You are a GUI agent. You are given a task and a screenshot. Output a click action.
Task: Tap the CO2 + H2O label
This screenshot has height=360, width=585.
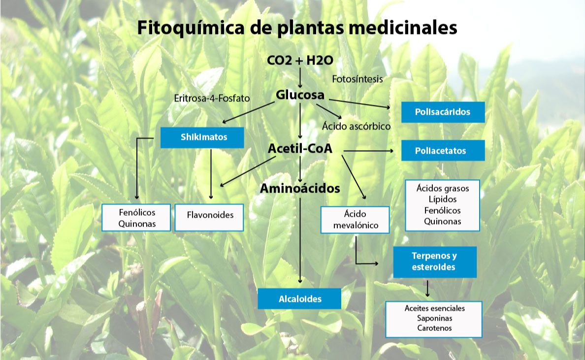click(300, 61)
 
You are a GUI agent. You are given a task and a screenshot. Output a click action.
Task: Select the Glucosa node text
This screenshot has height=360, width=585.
click(300, 95)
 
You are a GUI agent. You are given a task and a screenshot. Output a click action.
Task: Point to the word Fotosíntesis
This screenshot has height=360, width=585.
click(357, 79)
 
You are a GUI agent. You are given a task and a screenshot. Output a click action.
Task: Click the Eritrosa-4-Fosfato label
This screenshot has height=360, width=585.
click(212, 98)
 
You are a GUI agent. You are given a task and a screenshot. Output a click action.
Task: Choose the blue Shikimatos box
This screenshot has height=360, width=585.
click(202, 137)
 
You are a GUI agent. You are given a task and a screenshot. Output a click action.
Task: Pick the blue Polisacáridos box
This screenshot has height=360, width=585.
click(443, 112)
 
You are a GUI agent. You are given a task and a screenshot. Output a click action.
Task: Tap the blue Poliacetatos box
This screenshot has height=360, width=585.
click(443, 151)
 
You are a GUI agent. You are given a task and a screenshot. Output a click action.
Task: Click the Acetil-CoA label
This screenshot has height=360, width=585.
click(300, 148)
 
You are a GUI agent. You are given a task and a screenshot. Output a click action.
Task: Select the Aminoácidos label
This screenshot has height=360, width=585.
click(300, 188)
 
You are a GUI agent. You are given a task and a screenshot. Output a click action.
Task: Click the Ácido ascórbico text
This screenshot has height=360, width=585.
click(356, 127)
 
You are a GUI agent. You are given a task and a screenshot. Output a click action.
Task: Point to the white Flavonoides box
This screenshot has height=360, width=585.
click(209, 217)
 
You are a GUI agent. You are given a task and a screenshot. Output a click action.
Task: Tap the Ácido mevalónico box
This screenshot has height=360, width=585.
click(355, 220)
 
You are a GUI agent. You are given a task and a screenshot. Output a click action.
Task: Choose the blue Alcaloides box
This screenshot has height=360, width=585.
click(299, 299)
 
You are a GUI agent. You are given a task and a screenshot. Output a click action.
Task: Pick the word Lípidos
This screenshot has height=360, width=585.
click(442, 199)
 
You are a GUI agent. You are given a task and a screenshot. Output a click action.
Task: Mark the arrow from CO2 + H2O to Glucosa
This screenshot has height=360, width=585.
click(300, 77)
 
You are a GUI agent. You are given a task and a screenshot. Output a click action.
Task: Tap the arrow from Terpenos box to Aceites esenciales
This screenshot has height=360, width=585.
click(427, 288)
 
